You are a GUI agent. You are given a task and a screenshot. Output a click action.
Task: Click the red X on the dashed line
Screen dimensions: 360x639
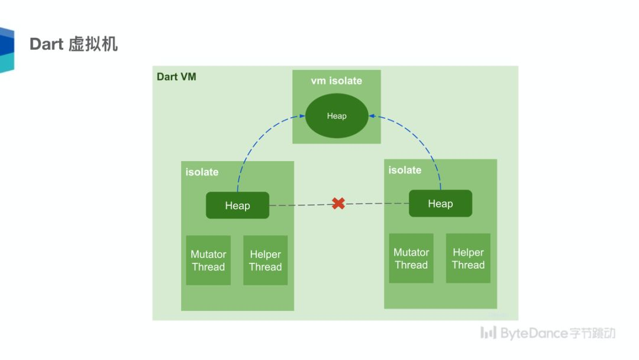coord(338,204)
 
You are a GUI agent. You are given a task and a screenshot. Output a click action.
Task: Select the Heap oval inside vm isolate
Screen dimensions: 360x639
coord(337,116)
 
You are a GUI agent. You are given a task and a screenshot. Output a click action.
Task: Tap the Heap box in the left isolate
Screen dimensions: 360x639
coord(237,205)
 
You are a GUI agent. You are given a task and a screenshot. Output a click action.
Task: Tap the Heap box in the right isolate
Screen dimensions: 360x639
coord(440,204)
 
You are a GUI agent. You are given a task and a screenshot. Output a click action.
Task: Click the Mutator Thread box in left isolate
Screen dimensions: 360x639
coord(208,261)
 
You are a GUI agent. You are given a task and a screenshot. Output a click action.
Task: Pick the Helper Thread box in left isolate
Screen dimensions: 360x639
coord(265,261)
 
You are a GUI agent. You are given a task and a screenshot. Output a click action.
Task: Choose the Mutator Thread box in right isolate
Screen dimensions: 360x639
coord(411,259)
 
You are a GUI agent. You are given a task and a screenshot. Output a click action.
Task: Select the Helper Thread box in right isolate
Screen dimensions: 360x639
coord(468,259)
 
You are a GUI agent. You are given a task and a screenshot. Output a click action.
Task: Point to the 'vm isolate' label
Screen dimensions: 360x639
coord(336,81)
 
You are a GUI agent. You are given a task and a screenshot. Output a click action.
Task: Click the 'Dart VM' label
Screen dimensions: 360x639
coord(176,77)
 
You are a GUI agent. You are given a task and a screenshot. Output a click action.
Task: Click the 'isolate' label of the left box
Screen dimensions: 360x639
coord(202,172)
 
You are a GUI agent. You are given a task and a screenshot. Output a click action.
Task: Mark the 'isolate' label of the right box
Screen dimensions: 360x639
coord(405,171)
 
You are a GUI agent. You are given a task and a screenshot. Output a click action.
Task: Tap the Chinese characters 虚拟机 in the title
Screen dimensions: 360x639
coord(93,44)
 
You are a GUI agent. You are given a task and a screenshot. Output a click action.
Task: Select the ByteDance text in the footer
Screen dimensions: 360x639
coord(534,333)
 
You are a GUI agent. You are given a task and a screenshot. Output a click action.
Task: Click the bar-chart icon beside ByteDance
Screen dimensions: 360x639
coord(488,333)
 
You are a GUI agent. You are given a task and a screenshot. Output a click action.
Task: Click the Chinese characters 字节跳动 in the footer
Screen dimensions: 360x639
coord(592,333)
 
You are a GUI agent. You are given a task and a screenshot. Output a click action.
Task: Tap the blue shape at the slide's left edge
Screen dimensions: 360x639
coord(7,50)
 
